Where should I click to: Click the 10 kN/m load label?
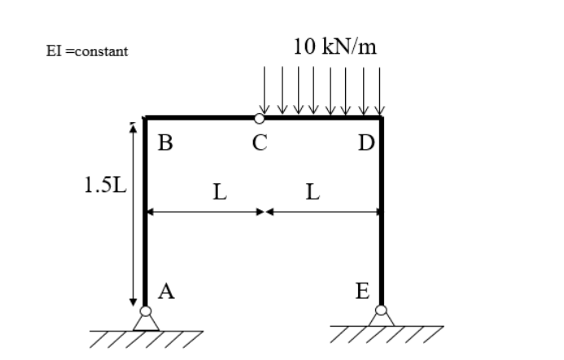334,46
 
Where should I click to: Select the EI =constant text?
87,51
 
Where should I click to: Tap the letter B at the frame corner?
165,143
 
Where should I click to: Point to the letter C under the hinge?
260,143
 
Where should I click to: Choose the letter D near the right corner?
366,143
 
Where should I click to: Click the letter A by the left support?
166,292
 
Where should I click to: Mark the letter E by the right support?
363,291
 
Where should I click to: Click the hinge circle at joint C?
259,118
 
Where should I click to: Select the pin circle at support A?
146,311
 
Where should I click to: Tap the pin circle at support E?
381,310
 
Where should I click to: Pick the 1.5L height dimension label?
105,185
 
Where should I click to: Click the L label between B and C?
220,192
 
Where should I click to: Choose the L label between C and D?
313,192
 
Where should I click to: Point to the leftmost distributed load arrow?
265,90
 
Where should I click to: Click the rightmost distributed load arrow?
380,91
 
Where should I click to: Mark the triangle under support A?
146,323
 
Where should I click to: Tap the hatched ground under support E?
387,334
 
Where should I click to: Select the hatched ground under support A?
146,339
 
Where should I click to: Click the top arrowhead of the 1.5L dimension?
133,127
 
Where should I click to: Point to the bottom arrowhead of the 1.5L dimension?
133,301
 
